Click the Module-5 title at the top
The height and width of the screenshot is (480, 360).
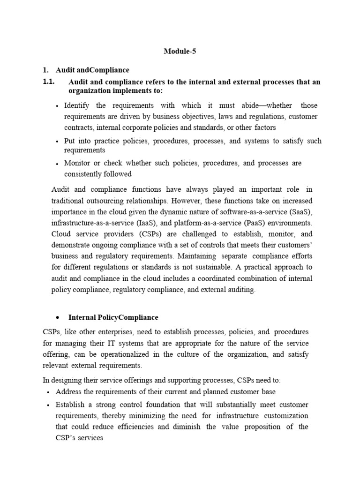[x=180, y=52]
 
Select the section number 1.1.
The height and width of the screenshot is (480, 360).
[x=48, y=82]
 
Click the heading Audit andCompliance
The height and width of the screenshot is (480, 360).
[x=92, y=70]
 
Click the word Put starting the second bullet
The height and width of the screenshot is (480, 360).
[x=70, y=141]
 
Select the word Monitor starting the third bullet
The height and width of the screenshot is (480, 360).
[x=77, y=163]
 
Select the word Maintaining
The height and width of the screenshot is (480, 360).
[x=195, y=256]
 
